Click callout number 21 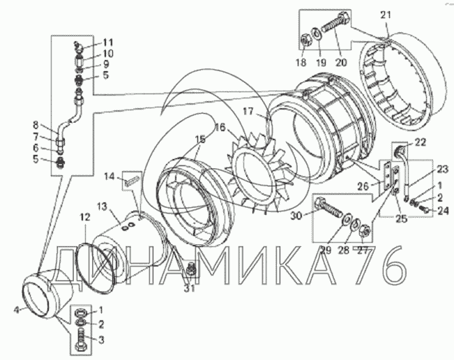pyautogui.click(x=386, y=15)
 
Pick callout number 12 pyautogui.click(x=84, y=217)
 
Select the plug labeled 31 pyautogui.click(x=190, y=269)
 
